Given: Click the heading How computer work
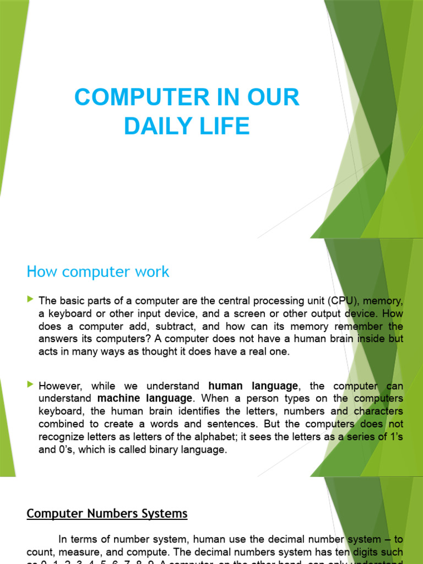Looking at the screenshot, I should click(x=98, y=272).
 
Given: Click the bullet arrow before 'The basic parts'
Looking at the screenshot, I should click(x=30, y=300).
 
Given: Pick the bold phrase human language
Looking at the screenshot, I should click(x=253, y=386).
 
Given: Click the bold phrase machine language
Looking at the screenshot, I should click(x=145, y=399).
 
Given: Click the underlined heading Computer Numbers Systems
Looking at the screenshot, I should click(x=107, y=514).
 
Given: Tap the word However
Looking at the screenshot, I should click(x=61, y=386).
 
